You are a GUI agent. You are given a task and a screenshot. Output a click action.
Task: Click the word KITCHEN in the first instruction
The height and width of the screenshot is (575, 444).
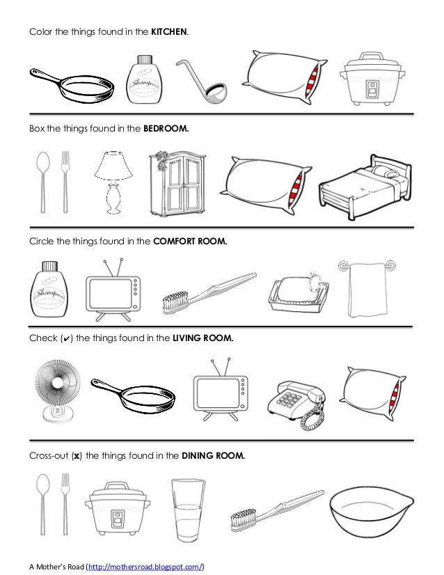[x=168, y=31]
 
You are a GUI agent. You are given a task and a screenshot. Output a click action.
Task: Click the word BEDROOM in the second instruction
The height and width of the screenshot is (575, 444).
[x=166, y=128]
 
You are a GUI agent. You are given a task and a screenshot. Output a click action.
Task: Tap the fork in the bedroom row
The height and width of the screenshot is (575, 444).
[x=65, y=182]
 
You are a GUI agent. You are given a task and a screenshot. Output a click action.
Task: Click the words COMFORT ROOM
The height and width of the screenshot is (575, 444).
[x=190, y=242]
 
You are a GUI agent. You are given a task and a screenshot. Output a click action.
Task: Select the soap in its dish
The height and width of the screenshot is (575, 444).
[x=298, y=292]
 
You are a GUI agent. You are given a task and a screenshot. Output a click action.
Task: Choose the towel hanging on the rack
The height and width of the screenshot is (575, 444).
[x=367, y=290]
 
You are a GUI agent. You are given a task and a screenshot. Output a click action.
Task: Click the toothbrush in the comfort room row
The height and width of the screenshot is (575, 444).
[x=209, y=293]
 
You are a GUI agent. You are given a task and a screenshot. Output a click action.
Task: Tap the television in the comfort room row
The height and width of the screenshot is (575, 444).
[x=113, y=290]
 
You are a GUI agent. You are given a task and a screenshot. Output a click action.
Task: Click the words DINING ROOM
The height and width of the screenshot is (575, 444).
[x=214, y=456]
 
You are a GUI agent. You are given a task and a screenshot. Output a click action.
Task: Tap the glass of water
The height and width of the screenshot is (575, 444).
[x=188, y=510]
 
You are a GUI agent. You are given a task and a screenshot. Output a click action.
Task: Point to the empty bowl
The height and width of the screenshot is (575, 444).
[x=372, y=512]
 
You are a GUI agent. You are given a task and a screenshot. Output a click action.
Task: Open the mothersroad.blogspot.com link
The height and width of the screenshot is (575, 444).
[x=145, y=567]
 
